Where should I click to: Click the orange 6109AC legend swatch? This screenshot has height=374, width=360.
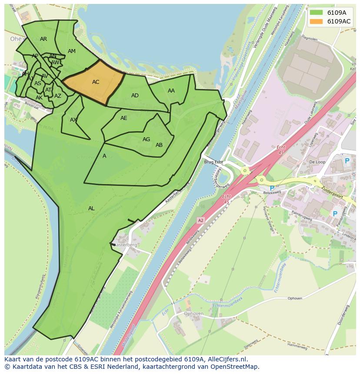pos(316,21)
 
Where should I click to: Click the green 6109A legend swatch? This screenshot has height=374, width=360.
pos(316,13)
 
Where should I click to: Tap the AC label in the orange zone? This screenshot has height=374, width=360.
pos(96,82)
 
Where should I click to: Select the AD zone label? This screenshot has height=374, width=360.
pos(135,96)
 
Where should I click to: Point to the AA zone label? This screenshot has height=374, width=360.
pos(171,91)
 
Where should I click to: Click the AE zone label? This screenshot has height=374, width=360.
pos(124,118)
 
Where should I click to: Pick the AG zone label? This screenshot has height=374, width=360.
pos(146,139)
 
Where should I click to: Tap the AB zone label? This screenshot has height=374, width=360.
pos(159,145)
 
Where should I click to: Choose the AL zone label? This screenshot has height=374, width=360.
pos(91,209)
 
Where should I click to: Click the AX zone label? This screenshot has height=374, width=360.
pos(73,120)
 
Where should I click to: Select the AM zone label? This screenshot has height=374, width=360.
pos(72,51)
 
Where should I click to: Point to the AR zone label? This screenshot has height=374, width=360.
pos(43,39)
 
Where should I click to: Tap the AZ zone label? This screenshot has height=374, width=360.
pos(58,96)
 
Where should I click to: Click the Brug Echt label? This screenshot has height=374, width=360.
pos(213,162)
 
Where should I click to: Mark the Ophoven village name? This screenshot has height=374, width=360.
pos(193,314)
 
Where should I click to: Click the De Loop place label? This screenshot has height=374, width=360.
pos(317,162)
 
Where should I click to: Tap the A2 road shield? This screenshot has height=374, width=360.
pos(200,221)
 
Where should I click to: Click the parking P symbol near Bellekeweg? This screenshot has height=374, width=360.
pos(272,189)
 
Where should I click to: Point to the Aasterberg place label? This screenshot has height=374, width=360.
pos(126,245)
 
